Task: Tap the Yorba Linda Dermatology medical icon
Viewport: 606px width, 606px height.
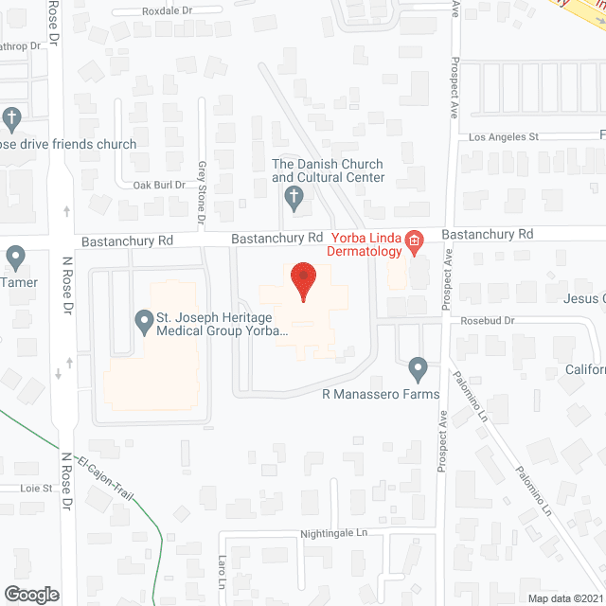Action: click(x=414, y=244)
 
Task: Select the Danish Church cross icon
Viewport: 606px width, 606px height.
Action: click(x=294, y=198)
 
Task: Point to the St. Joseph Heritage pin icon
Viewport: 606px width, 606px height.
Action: click(x=144, y=323)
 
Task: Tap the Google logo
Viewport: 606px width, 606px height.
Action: click(x=30, y=594)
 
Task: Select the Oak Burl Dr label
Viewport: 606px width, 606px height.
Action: click(x=158, y=185)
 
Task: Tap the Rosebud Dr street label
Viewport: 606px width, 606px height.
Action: click(x=488, y=321)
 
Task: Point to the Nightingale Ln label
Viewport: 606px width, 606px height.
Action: click(x=334, y=534)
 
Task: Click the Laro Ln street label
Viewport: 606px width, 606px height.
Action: click(x=223, y=569)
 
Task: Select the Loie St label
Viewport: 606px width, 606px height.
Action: click(x=35, y=489)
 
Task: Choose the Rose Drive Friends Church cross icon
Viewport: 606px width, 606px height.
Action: click(x=11, y=119)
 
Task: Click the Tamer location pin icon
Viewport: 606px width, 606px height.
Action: click(x=15, y=257)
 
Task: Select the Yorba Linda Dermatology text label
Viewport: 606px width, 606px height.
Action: click(x=365, y=245)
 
